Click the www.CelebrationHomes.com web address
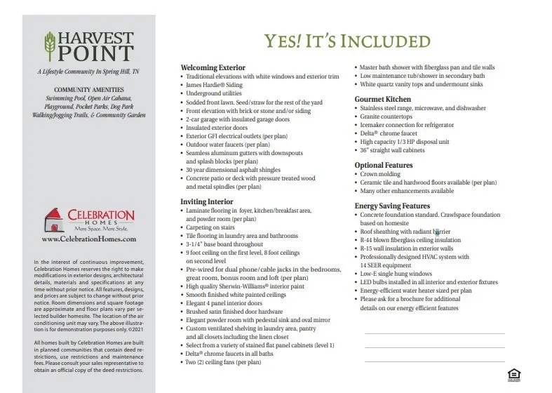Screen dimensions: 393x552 coord(89,239)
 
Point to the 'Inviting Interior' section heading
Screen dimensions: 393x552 coord(208,201)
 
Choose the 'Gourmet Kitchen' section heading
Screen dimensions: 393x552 coord(383,100)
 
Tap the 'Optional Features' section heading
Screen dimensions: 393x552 coord(384,165)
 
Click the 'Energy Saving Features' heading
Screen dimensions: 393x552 coord(392,206)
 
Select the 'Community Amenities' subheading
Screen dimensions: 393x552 coord(88,90)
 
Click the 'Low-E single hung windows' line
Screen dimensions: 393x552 coord(396,273)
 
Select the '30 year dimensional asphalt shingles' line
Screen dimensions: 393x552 coord(234,170)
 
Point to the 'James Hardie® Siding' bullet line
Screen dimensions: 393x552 coord(213,84)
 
